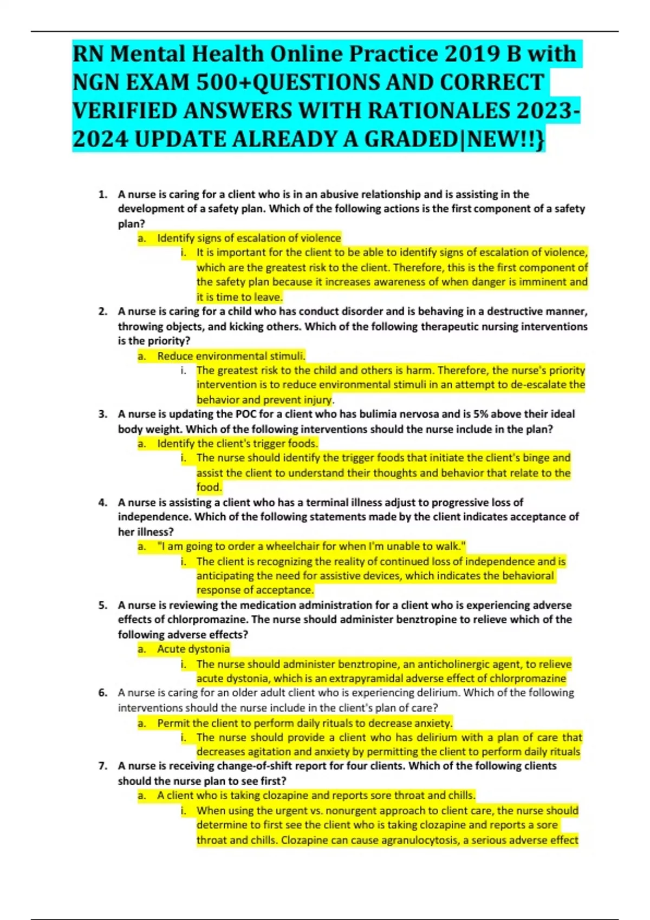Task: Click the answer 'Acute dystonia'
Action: point(193,649)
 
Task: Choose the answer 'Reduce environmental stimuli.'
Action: point(231,356)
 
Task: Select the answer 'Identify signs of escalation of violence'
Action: point(249,238)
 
